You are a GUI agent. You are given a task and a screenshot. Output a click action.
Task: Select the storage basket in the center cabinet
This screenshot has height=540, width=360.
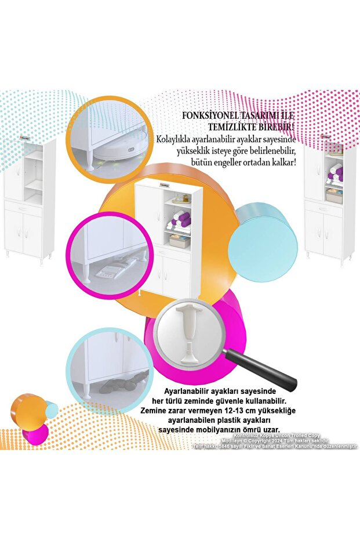pyautogui.click(x=179, y=241)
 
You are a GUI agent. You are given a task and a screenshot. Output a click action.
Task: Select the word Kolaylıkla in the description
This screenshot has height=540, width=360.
pyautogui.click(x=177, y=139)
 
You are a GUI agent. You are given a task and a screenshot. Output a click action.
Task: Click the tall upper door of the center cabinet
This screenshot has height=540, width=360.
pyautogui.click(x=149, y=213)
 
